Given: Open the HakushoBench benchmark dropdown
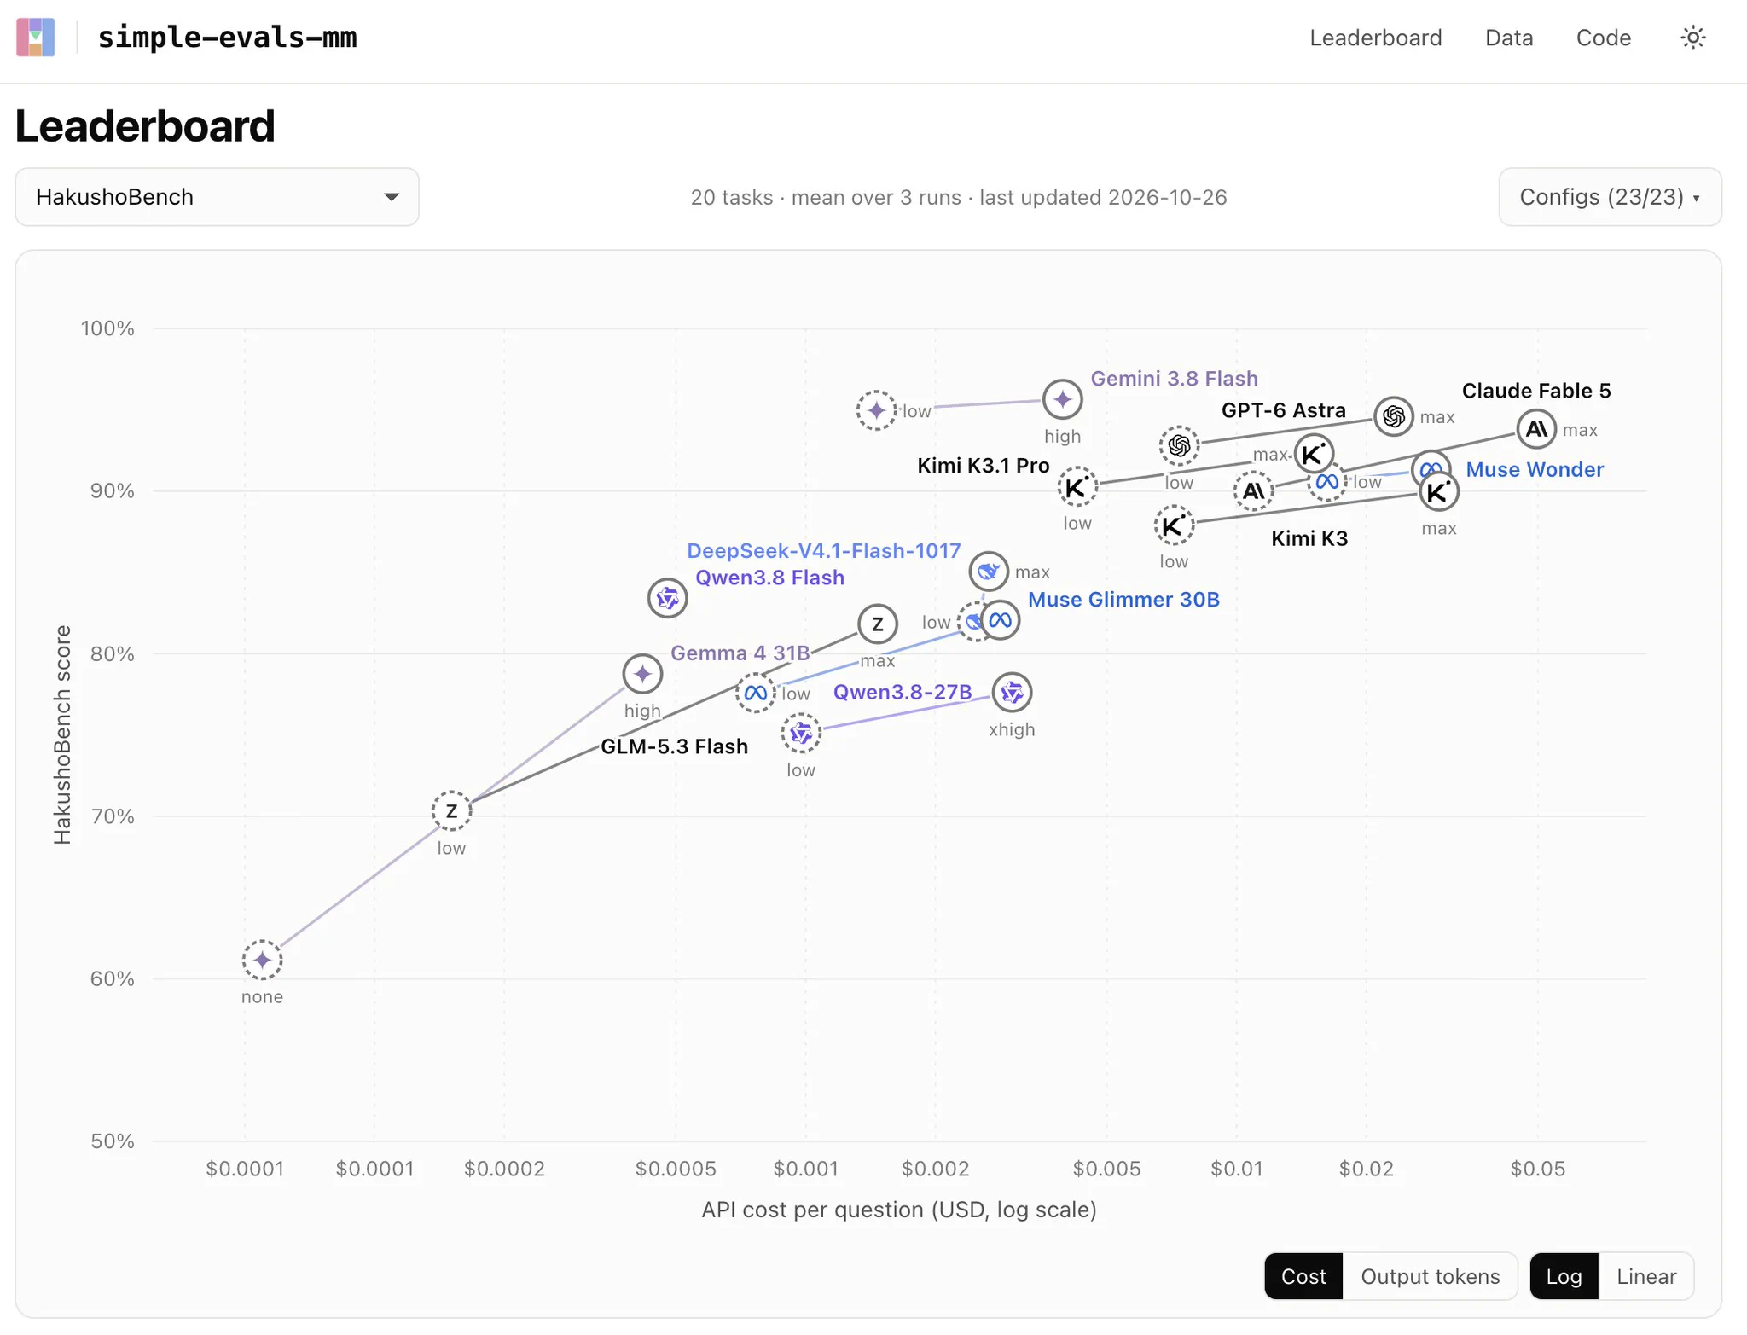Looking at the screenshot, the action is [x=217, y=197].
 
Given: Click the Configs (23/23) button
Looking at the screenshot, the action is [x=1610, y=197].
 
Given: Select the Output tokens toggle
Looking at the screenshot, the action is [x=1430, y=1276].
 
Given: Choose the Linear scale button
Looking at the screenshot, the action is [x=1645, y=1276].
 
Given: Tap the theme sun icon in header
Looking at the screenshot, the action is [x=1692, y=38].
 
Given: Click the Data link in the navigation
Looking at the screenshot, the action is [x=1508, y=38].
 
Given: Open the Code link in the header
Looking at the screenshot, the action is [x=1603, y=38].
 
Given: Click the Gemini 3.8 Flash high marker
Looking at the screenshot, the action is [x=1062, y=399].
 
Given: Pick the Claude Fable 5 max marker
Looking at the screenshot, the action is [x=1536, y=429].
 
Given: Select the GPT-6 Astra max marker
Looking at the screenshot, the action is [x=1394, y=416].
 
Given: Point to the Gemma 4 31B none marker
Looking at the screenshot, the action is [x=262, y=961].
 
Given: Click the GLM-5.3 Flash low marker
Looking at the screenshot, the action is [x=451, y=811].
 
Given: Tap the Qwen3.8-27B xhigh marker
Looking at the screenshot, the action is [x=1012, y=693].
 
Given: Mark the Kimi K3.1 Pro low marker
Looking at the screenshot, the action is [x=1077, y=488].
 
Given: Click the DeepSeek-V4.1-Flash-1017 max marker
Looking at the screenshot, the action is [x=989, y=572].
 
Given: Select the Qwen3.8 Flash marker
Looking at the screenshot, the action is [x=667, y=598].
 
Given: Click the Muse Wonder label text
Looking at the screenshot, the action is [x=1535, y=469].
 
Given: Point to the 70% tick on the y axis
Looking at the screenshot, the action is [x=113, y=816].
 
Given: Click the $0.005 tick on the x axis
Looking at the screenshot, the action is [x=1106, y=1169].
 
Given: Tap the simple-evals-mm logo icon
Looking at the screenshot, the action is [x=36, y=38].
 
